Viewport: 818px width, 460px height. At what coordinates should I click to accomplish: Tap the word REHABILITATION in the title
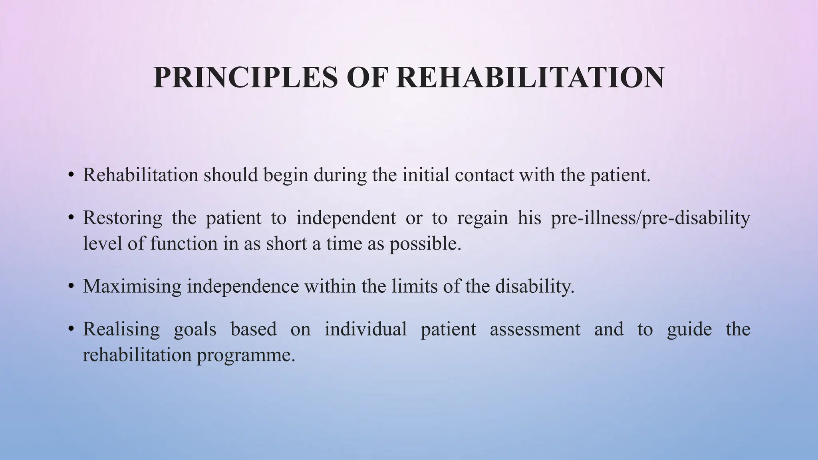tap(530, 77)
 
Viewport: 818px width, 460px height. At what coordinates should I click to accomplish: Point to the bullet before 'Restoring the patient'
tap(71, 218)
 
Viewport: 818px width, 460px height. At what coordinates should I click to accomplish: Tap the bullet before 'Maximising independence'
tap(71, 286)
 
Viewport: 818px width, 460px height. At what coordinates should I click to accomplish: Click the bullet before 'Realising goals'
tap(71, 329)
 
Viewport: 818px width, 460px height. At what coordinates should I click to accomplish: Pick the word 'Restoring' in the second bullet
tap(122, 218)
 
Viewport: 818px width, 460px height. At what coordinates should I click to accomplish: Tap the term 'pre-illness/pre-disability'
tap(650, 218)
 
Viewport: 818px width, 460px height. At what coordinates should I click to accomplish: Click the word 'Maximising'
tap(132, 287)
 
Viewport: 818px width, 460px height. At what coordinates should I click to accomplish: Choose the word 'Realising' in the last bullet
tap(121, 330)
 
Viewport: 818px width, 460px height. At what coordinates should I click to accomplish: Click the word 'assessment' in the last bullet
tap(535, 329)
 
